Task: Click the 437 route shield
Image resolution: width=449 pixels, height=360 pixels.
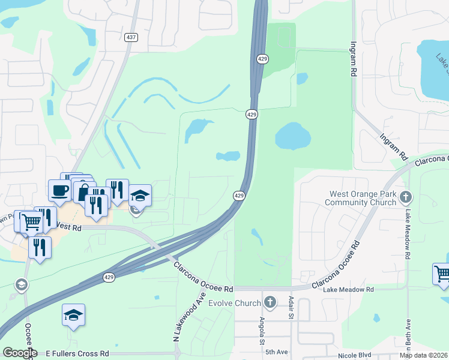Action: [130, 37]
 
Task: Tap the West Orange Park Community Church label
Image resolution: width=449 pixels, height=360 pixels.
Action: [361, 198]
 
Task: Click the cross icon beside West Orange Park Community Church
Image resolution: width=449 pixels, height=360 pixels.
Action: [406, 196]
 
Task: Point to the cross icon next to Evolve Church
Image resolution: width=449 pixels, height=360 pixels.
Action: [270, 302]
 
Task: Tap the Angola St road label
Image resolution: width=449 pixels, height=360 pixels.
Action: [262, 331]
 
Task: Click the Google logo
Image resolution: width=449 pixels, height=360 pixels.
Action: [19, 353]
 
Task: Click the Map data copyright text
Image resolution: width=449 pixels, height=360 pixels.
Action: [423, 355]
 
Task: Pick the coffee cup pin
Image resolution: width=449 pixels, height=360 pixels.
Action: [59, 190]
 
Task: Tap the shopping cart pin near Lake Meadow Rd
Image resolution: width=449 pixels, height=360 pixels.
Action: [442, 274]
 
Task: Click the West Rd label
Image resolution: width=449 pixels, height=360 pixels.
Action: [68, 227]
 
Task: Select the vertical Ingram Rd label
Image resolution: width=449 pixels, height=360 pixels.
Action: [353, 58]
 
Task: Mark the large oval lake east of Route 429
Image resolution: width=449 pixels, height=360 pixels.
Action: [294, 136]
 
